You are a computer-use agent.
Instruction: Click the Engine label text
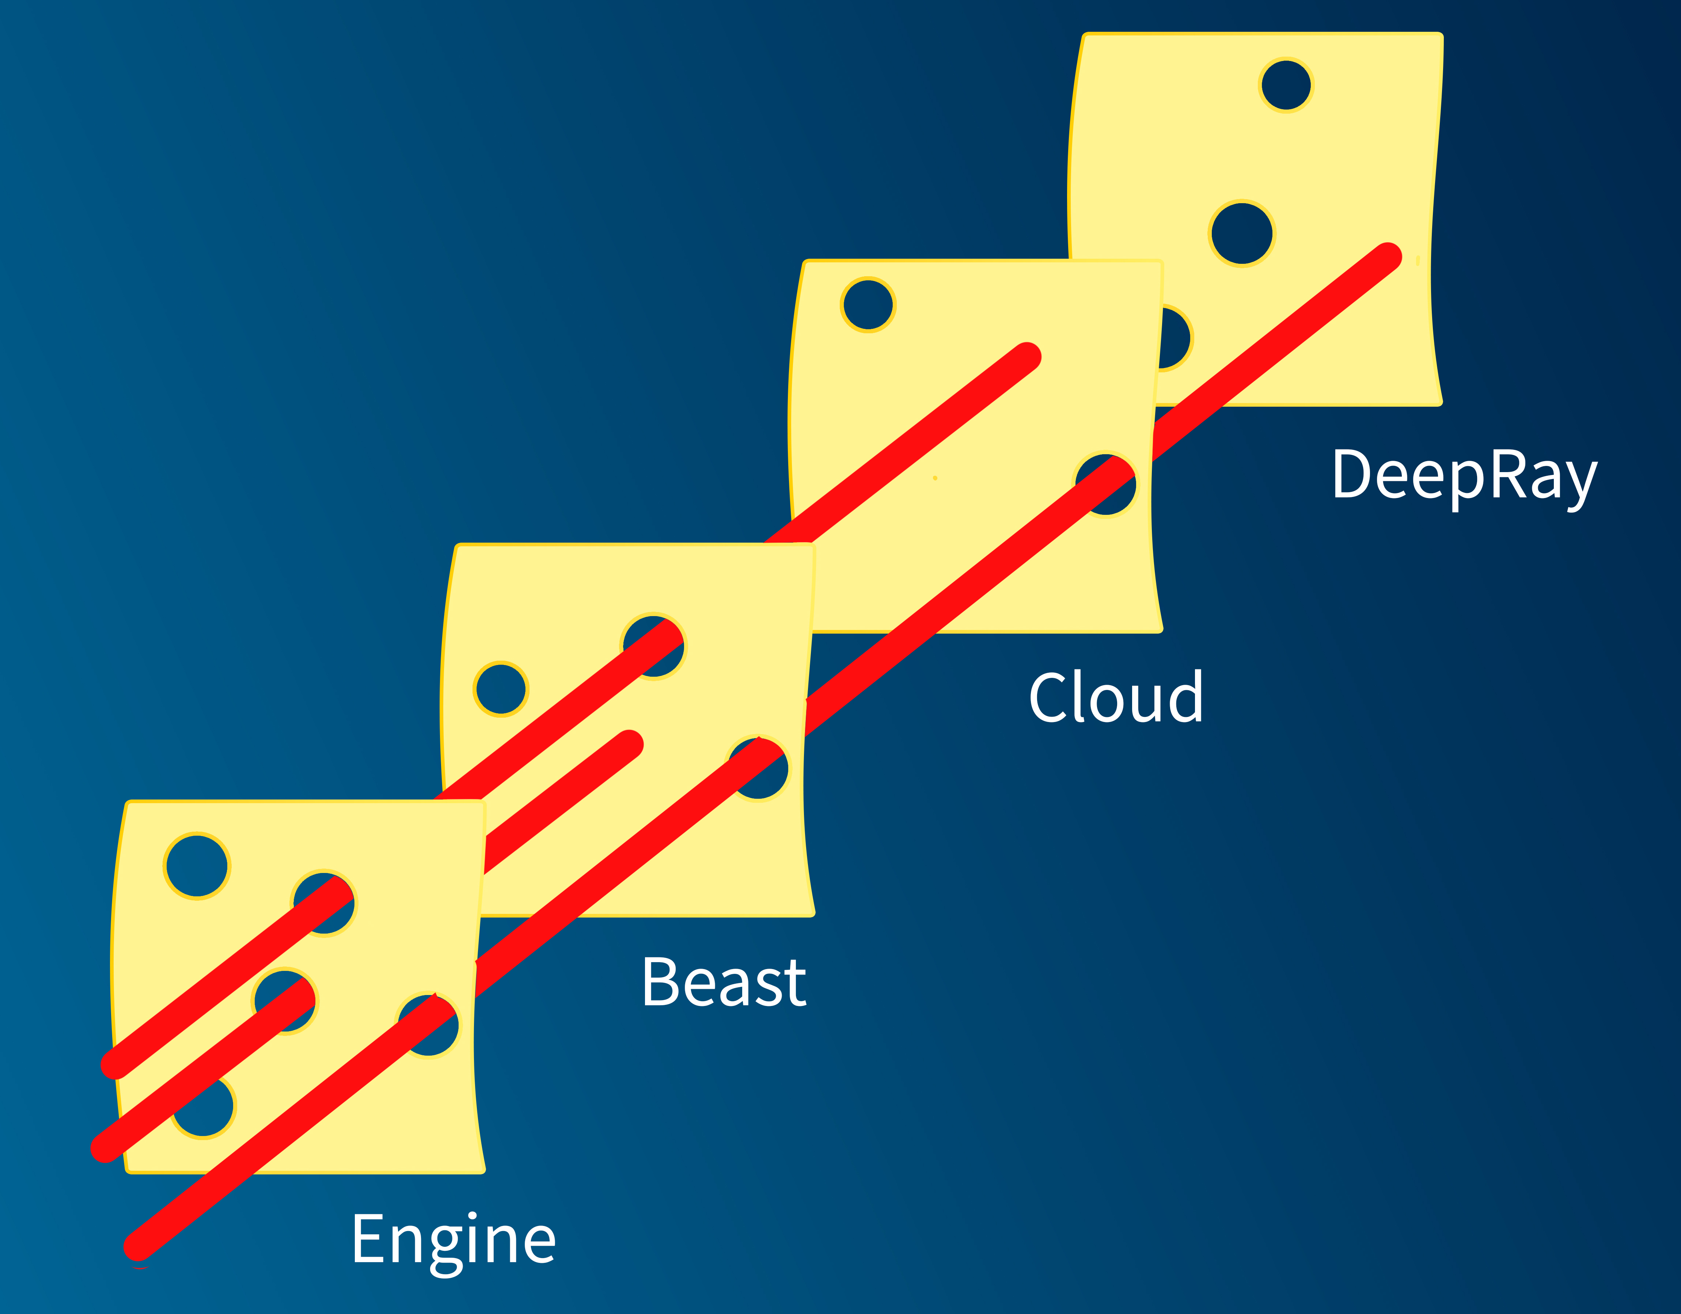454,1239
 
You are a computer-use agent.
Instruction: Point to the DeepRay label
1464,476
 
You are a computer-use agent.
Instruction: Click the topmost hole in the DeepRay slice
1285,85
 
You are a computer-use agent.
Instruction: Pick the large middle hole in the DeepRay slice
1241,233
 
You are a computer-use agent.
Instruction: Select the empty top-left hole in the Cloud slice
868,305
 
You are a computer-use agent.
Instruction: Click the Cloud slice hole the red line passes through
1106,485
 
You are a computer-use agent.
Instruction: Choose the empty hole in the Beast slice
500,689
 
